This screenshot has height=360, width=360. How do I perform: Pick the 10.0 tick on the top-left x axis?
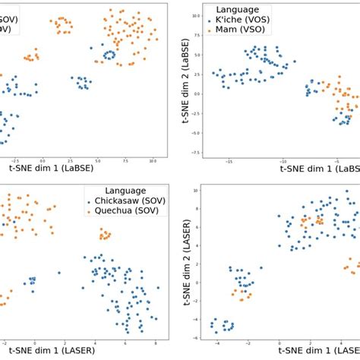click(152, 161)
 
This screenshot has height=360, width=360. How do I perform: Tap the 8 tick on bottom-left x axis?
click(156, 343)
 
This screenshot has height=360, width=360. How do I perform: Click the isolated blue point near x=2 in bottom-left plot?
click(58, 272)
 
